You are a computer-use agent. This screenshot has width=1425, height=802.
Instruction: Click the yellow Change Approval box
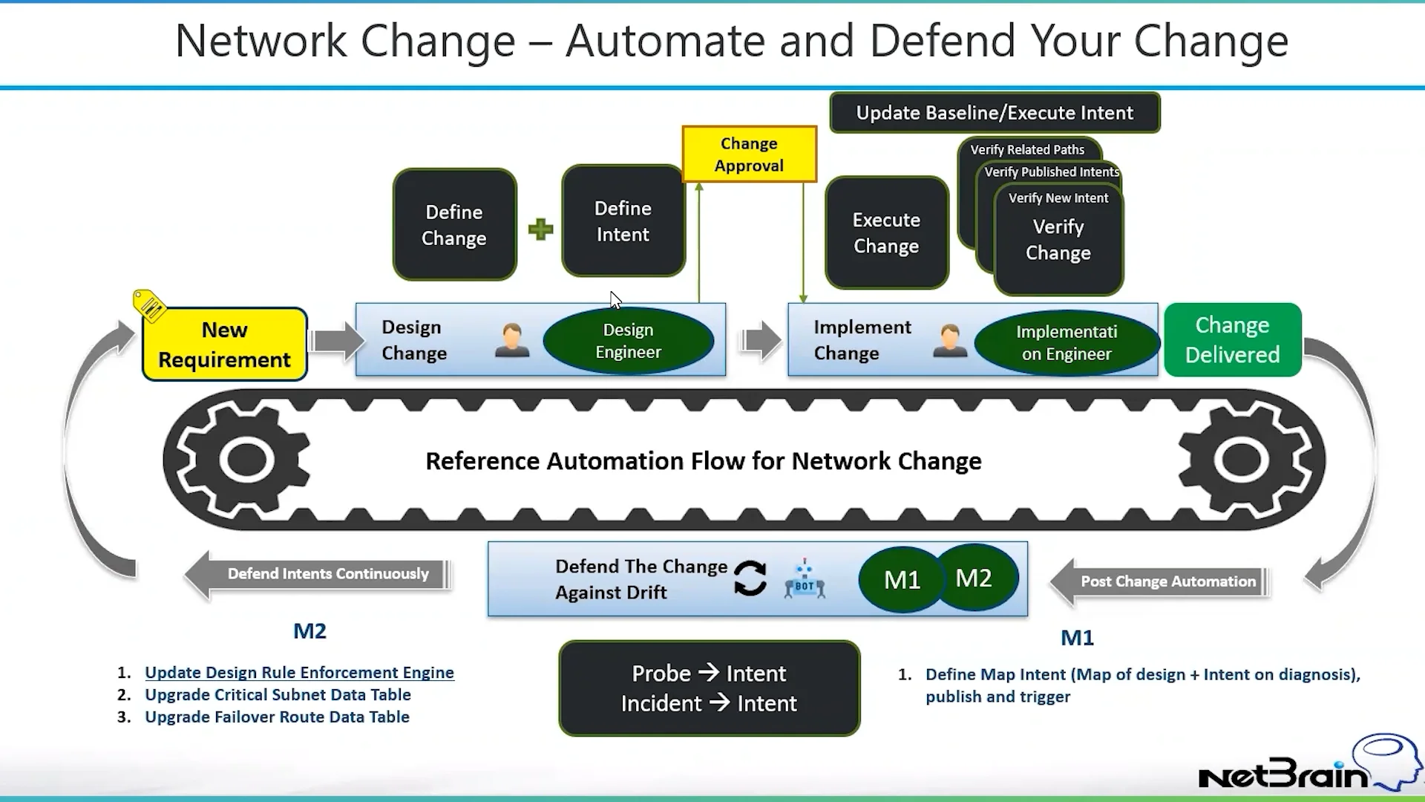749,154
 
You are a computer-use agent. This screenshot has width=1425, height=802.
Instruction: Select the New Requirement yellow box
224,345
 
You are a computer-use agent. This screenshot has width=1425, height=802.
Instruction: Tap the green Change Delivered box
1232,340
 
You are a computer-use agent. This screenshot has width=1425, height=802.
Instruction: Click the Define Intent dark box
623,221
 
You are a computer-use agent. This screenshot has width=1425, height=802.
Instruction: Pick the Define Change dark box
454,225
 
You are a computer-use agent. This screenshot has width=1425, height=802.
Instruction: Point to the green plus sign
540,229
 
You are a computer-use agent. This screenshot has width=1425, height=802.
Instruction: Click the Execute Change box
886,233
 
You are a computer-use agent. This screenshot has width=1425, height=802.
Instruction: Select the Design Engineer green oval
628,341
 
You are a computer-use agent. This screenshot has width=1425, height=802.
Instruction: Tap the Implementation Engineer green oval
1066,343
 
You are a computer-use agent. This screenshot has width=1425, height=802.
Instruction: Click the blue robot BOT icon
805,581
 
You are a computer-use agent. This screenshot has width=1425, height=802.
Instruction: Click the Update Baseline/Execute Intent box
995,113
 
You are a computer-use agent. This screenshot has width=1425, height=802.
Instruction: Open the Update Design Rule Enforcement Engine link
299,673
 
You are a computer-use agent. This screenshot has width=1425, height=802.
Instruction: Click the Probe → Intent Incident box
709,688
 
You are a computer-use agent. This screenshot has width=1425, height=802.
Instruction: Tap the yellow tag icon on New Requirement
149,305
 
